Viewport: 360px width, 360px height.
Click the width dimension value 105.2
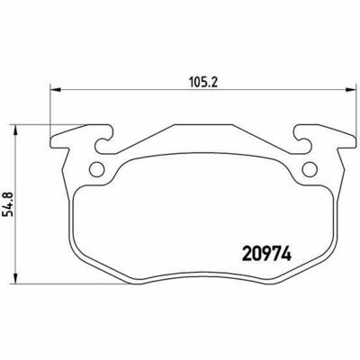click(x=202, y=82)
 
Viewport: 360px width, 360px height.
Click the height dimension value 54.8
click(x=8, y=204)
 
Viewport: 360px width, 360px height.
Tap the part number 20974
click(x=266, y=255)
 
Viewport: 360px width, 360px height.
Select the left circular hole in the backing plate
click(x=97, y=169)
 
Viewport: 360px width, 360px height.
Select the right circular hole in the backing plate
click(x=310, y=169)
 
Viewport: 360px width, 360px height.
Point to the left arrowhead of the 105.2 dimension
click(x=56, y=89)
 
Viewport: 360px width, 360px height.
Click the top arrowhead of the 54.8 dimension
click(x=15, y=130)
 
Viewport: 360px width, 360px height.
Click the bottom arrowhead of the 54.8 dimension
click(x=15, y=277)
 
